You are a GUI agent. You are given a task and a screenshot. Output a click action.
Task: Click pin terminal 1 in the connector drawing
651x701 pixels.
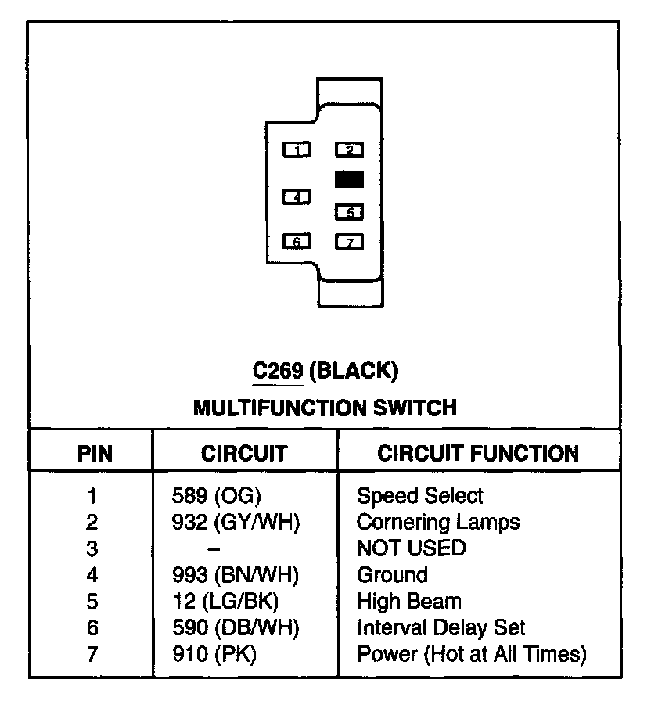(297, 149)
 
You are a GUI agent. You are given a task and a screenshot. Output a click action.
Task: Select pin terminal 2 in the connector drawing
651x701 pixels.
(349, 149)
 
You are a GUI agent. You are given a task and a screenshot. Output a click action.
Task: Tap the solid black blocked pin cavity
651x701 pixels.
(349, 179)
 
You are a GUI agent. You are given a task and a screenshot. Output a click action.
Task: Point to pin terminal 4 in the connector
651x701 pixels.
(297, 197)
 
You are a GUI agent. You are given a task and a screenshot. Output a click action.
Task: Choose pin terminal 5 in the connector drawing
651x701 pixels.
(349, 211)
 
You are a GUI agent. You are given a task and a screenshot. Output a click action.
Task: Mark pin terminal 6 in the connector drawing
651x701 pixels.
(297, 242)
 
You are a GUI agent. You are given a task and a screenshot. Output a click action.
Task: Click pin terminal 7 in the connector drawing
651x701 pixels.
(349, 242)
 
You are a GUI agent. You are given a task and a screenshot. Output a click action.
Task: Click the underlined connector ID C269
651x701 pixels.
(278, 371)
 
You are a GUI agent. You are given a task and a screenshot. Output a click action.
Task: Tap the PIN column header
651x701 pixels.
(95, 453)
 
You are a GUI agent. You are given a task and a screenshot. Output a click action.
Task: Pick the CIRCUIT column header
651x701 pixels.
(244, 453)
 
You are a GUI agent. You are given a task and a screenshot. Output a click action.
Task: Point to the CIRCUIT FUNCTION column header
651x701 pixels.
(478, 453)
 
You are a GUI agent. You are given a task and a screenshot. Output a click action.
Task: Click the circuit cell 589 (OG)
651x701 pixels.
(215, 495)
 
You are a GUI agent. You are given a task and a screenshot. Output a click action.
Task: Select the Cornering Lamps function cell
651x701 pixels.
(438, 521)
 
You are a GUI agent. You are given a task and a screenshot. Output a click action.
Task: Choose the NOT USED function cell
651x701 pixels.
(411, 548)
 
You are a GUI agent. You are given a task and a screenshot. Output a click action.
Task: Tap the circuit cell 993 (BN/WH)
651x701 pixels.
(236, 575)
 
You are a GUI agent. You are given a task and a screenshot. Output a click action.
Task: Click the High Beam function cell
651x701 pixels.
(409, 601)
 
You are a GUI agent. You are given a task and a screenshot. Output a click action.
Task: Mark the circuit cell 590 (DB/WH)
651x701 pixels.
(236, 627)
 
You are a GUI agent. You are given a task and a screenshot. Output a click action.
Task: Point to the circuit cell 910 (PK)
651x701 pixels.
(214, 654)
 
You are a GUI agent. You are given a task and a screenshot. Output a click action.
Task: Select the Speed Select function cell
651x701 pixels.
(420, 495)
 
